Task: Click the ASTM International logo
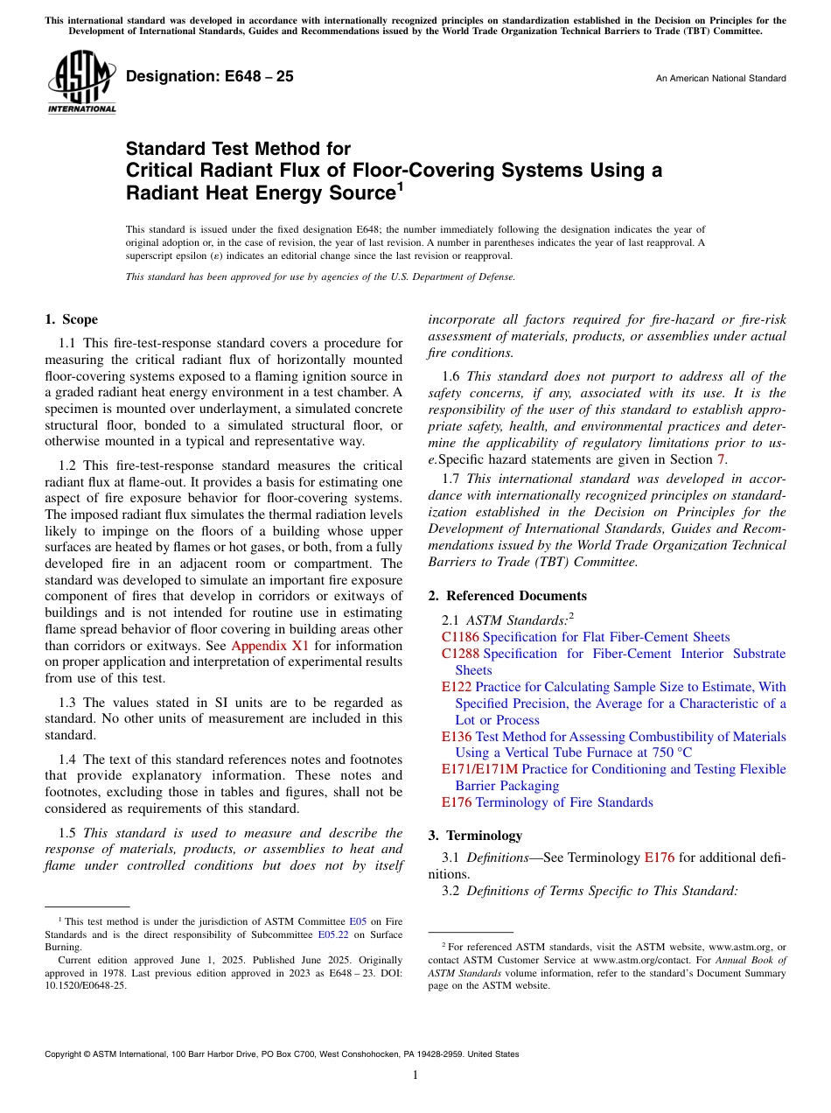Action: [x=80, y=83]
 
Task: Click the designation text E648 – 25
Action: [x=210, y=77]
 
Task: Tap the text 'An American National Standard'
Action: [x=720, y=79]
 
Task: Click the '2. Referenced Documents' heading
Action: [x=507, y=596]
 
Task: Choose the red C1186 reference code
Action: [x=460, y=637]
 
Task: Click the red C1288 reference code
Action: [x=460, y=654]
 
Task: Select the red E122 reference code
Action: [x=457, y=687]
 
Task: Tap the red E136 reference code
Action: [x=457, y=737]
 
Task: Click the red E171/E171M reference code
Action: [x=479, y=769]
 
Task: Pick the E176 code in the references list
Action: [x=457, y=802]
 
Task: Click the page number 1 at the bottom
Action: [x=415, y=1075]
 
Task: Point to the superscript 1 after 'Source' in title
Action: [x=400, y=186]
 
